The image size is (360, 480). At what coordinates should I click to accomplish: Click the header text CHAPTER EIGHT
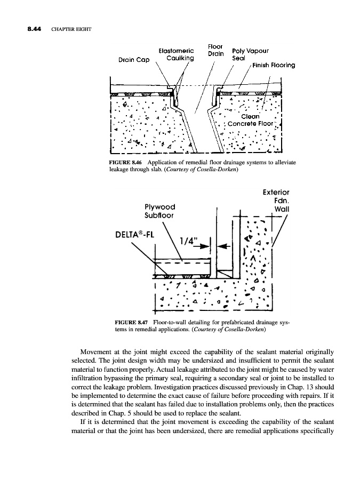click(72, 28)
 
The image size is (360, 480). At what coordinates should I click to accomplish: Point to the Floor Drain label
click(215, 50)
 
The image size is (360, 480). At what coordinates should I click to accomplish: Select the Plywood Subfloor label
click(160, 211)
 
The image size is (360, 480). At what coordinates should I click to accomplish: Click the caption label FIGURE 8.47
click(132, 323)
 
